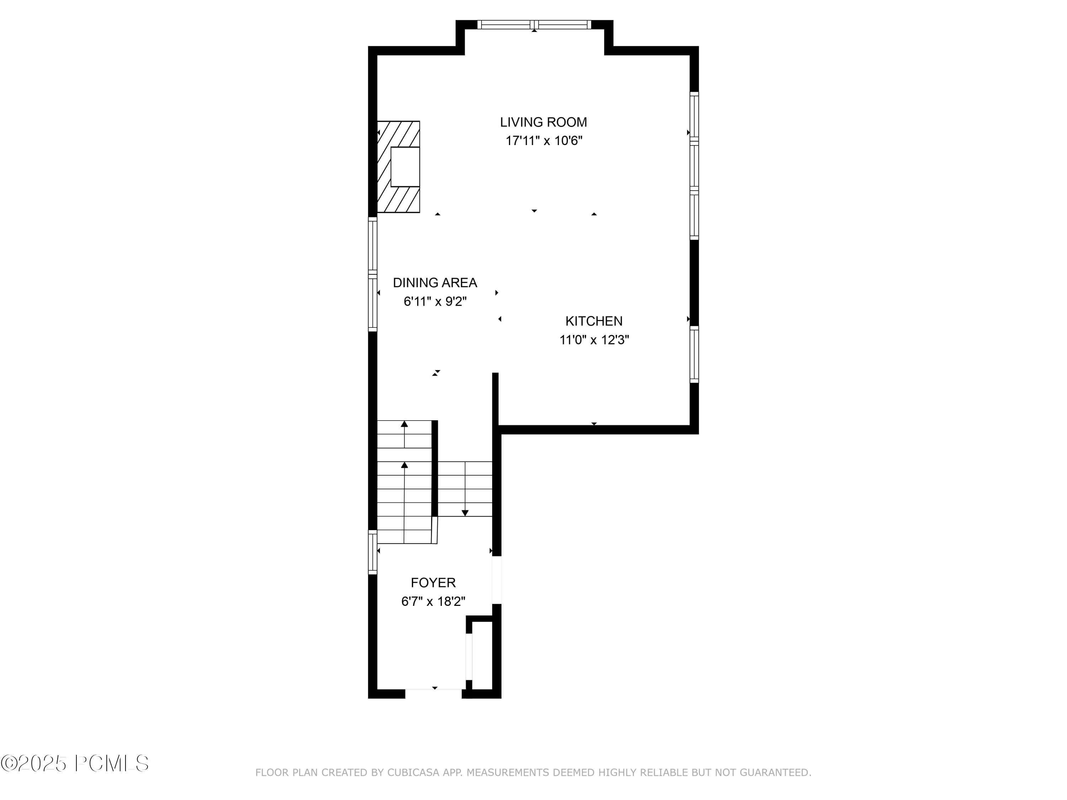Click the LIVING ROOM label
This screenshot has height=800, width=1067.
pos(543,122)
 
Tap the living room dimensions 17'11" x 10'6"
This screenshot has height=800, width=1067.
pos(543,141)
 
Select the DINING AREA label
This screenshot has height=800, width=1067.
pos(435,283)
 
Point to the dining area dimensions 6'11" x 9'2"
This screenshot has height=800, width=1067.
pos(435,302)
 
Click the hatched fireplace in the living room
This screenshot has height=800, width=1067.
pos(398,166)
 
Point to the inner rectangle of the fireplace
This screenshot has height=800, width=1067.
pos(405,167)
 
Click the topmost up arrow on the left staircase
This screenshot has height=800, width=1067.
pos(404,424)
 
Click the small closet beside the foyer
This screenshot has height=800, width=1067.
pos(482,655)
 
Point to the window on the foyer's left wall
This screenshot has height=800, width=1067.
pos(372,552)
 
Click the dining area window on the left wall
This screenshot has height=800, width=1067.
pos(372,274)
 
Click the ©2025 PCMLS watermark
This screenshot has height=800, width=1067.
pos(75,764)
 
